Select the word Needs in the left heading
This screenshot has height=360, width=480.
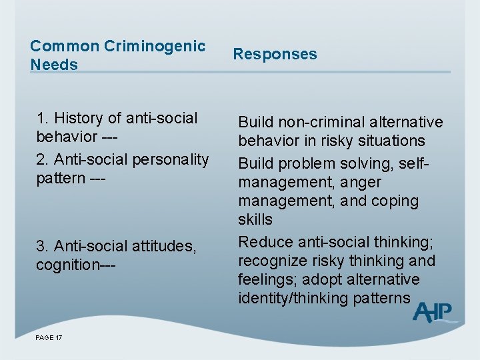point(54,65)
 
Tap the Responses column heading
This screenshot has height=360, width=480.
point(275,54)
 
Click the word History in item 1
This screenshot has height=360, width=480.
point(79,118)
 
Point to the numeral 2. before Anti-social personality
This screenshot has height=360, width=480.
point(42,160)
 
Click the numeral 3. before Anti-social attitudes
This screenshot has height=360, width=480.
point(42,247)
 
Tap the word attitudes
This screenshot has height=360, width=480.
point(166,247)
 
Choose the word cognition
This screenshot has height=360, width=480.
point(67,265)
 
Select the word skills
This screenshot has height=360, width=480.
point(255,219)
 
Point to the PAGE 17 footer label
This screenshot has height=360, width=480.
point(49,338)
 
